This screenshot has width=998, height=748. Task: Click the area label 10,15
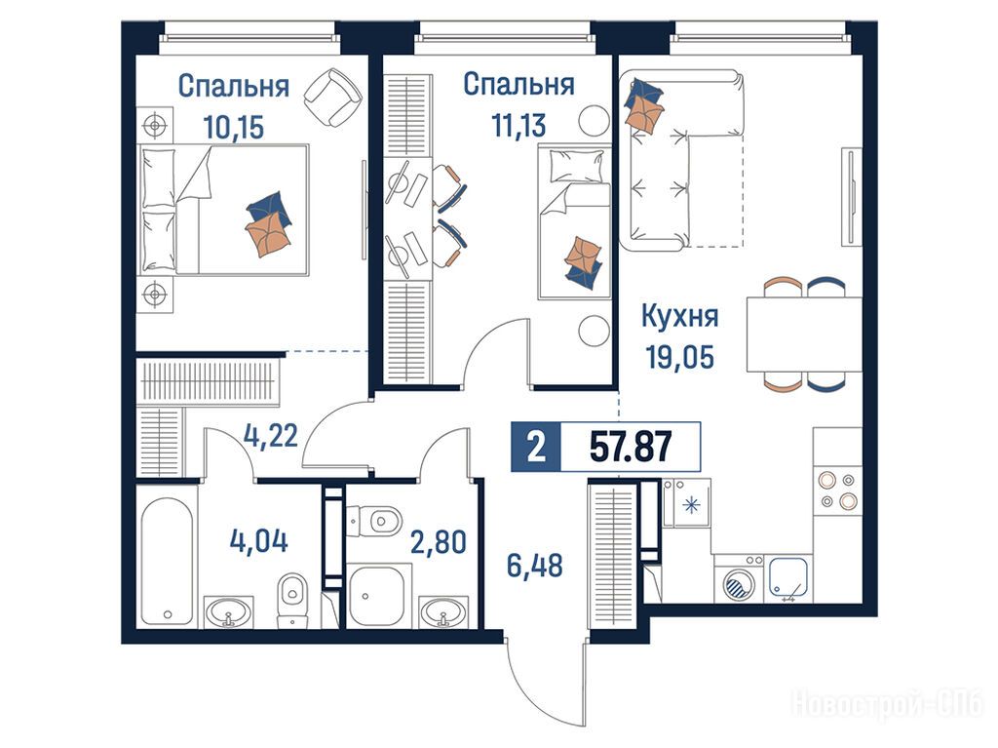click(x=234, y=128)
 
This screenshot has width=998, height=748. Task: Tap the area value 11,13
click(x=518, y=126)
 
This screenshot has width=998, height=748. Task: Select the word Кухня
click(x=679, y=316)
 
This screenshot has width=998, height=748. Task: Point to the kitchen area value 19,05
click(x=680, y=357)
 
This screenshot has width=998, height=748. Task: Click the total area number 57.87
click(x=631, y=447)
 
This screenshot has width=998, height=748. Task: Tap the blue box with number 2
click(x=536, y=447)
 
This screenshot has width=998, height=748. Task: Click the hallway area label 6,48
click(x=535, y=566)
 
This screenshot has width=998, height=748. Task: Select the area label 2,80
click(x=438, y=542)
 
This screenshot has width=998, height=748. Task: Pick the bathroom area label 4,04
click(x=258, y=541)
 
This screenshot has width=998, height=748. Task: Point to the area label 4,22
click(x=271, y=437)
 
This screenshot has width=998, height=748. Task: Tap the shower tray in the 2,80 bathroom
click(x=376, y=595)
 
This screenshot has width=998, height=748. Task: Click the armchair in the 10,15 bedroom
click(x=333, y=98)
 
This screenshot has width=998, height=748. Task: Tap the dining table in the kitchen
click(x=804, y=334)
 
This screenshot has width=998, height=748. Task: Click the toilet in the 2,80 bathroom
click(x=375, y=521)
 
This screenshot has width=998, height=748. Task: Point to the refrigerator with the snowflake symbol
click(x=686, y=504)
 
